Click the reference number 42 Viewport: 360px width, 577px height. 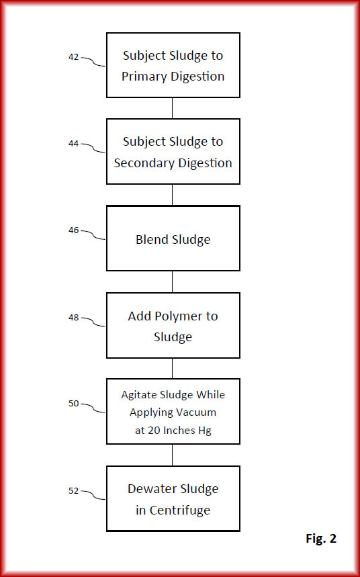[x=73, y=57]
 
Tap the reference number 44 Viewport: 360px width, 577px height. [x=73, y=144]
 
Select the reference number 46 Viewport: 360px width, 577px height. [x=73, y=230]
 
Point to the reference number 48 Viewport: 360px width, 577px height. [x=73, y=317]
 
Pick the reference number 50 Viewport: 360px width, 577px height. [x=73, y=403]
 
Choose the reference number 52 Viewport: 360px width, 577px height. [x=73, y=490]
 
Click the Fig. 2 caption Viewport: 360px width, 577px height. [x=321, y=539]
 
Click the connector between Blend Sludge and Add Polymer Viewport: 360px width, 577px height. [x=172, y=282]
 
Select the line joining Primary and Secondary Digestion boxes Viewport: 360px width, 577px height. [x=172, y=108]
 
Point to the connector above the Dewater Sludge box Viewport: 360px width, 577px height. [x=172, y=455]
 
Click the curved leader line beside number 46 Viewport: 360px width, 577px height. [x=93, y=235]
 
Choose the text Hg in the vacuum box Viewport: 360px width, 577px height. [x=205, y=431]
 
